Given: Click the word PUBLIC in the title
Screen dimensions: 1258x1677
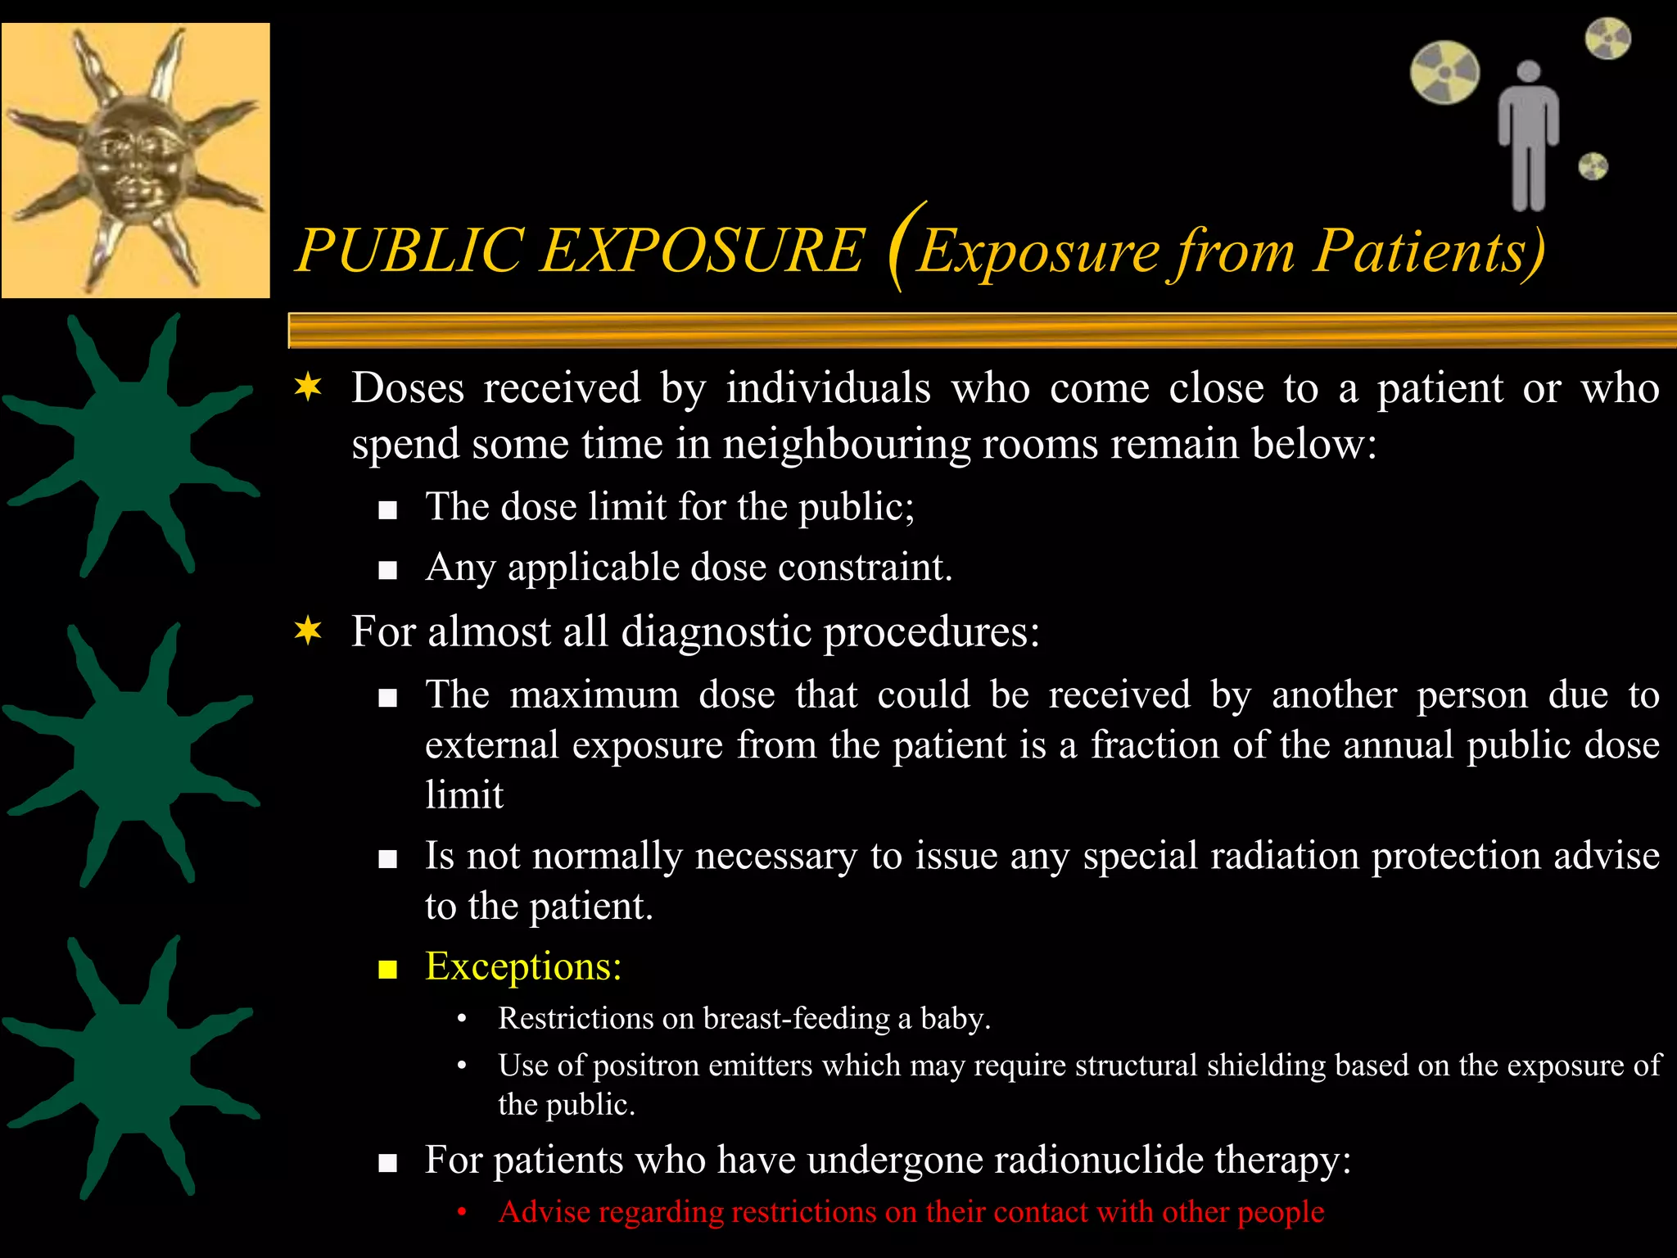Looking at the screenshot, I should [410, 249].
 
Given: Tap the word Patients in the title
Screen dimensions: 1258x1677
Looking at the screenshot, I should [1429, 249].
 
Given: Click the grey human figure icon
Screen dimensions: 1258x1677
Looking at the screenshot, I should [1528, 136].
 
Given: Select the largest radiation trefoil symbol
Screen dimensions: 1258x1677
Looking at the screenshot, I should [1444, 72].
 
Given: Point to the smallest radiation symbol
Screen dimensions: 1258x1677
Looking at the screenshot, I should [1593, 167].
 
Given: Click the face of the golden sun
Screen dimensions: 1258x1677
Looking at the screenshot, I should [135, 160].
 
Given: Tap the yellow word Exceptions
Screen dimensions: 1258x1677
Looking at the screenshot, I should [523, 966].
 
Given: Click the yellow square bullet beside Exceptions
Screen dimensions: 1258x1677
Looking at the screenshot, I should [387, 971].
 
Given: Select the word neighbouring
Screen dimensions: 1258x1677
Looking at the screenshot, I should [847, 445].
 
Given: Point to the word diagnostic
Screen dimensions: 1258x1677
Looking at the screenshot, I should [716, 631].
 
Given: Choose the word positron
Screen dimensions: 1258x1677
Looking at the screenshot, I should [646, 1066].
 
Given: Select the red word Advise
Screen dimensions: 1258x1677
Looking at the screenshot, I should [545, 1211].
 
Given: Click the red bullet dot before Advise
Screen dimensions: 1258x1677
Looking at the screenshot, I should [462, 1212].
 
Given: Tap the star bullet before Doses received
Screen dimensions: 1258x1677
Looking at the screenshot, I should [308, 387].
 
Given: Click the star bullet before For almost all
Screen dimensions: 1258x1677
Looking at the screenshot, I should [308, 631].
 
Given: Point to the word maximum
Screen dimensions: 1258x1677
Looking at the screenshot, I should [594, 695].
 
